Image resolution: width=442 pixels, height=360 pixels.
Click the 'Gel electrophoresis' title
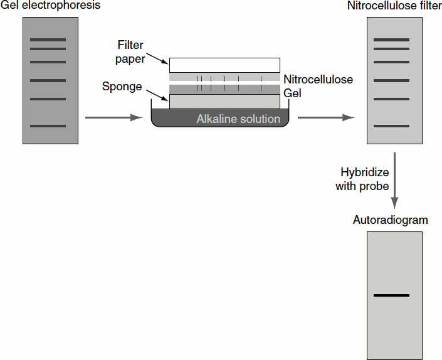click(50, 6)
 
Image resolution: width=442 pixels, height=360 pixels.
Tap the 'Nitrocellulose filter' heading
click(394, 6)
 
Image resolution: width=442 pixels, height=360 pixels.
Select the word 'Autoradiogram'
click(390, 220)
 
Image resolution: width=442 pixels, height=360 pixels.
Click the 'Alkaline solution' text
click(238, 119)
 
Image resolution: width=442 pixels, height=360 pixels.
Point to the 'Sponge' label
click(122, 87)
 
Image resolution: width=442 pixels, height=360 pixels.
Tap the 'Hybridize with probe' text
click(365, 179)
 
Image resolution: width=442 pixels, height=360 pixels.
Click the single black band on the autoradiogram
click(391, 295)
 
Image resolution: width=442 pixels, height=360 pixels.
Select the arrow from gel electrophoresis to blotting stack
click(113, 117)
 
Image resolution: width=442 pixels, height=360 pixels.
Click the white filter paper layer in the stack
click(224, 65)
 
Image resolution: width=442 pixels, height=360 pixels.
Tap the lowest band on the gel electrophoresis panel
click(48, 126)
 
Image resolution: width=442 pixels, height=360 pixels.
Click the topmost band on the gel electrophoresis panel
click(48, 40)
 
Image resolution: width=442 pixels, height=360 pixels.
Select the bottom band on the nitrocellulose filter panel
click(391, 126)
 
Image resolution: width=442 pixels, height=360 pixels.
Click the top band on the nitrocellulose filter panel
click(391, 40)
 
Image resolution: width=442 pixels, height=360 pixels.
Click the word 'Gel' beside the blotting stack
click(292, 92)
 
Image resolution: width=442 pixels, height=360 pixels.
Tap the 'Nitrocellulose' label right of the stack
click(318, 80)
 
